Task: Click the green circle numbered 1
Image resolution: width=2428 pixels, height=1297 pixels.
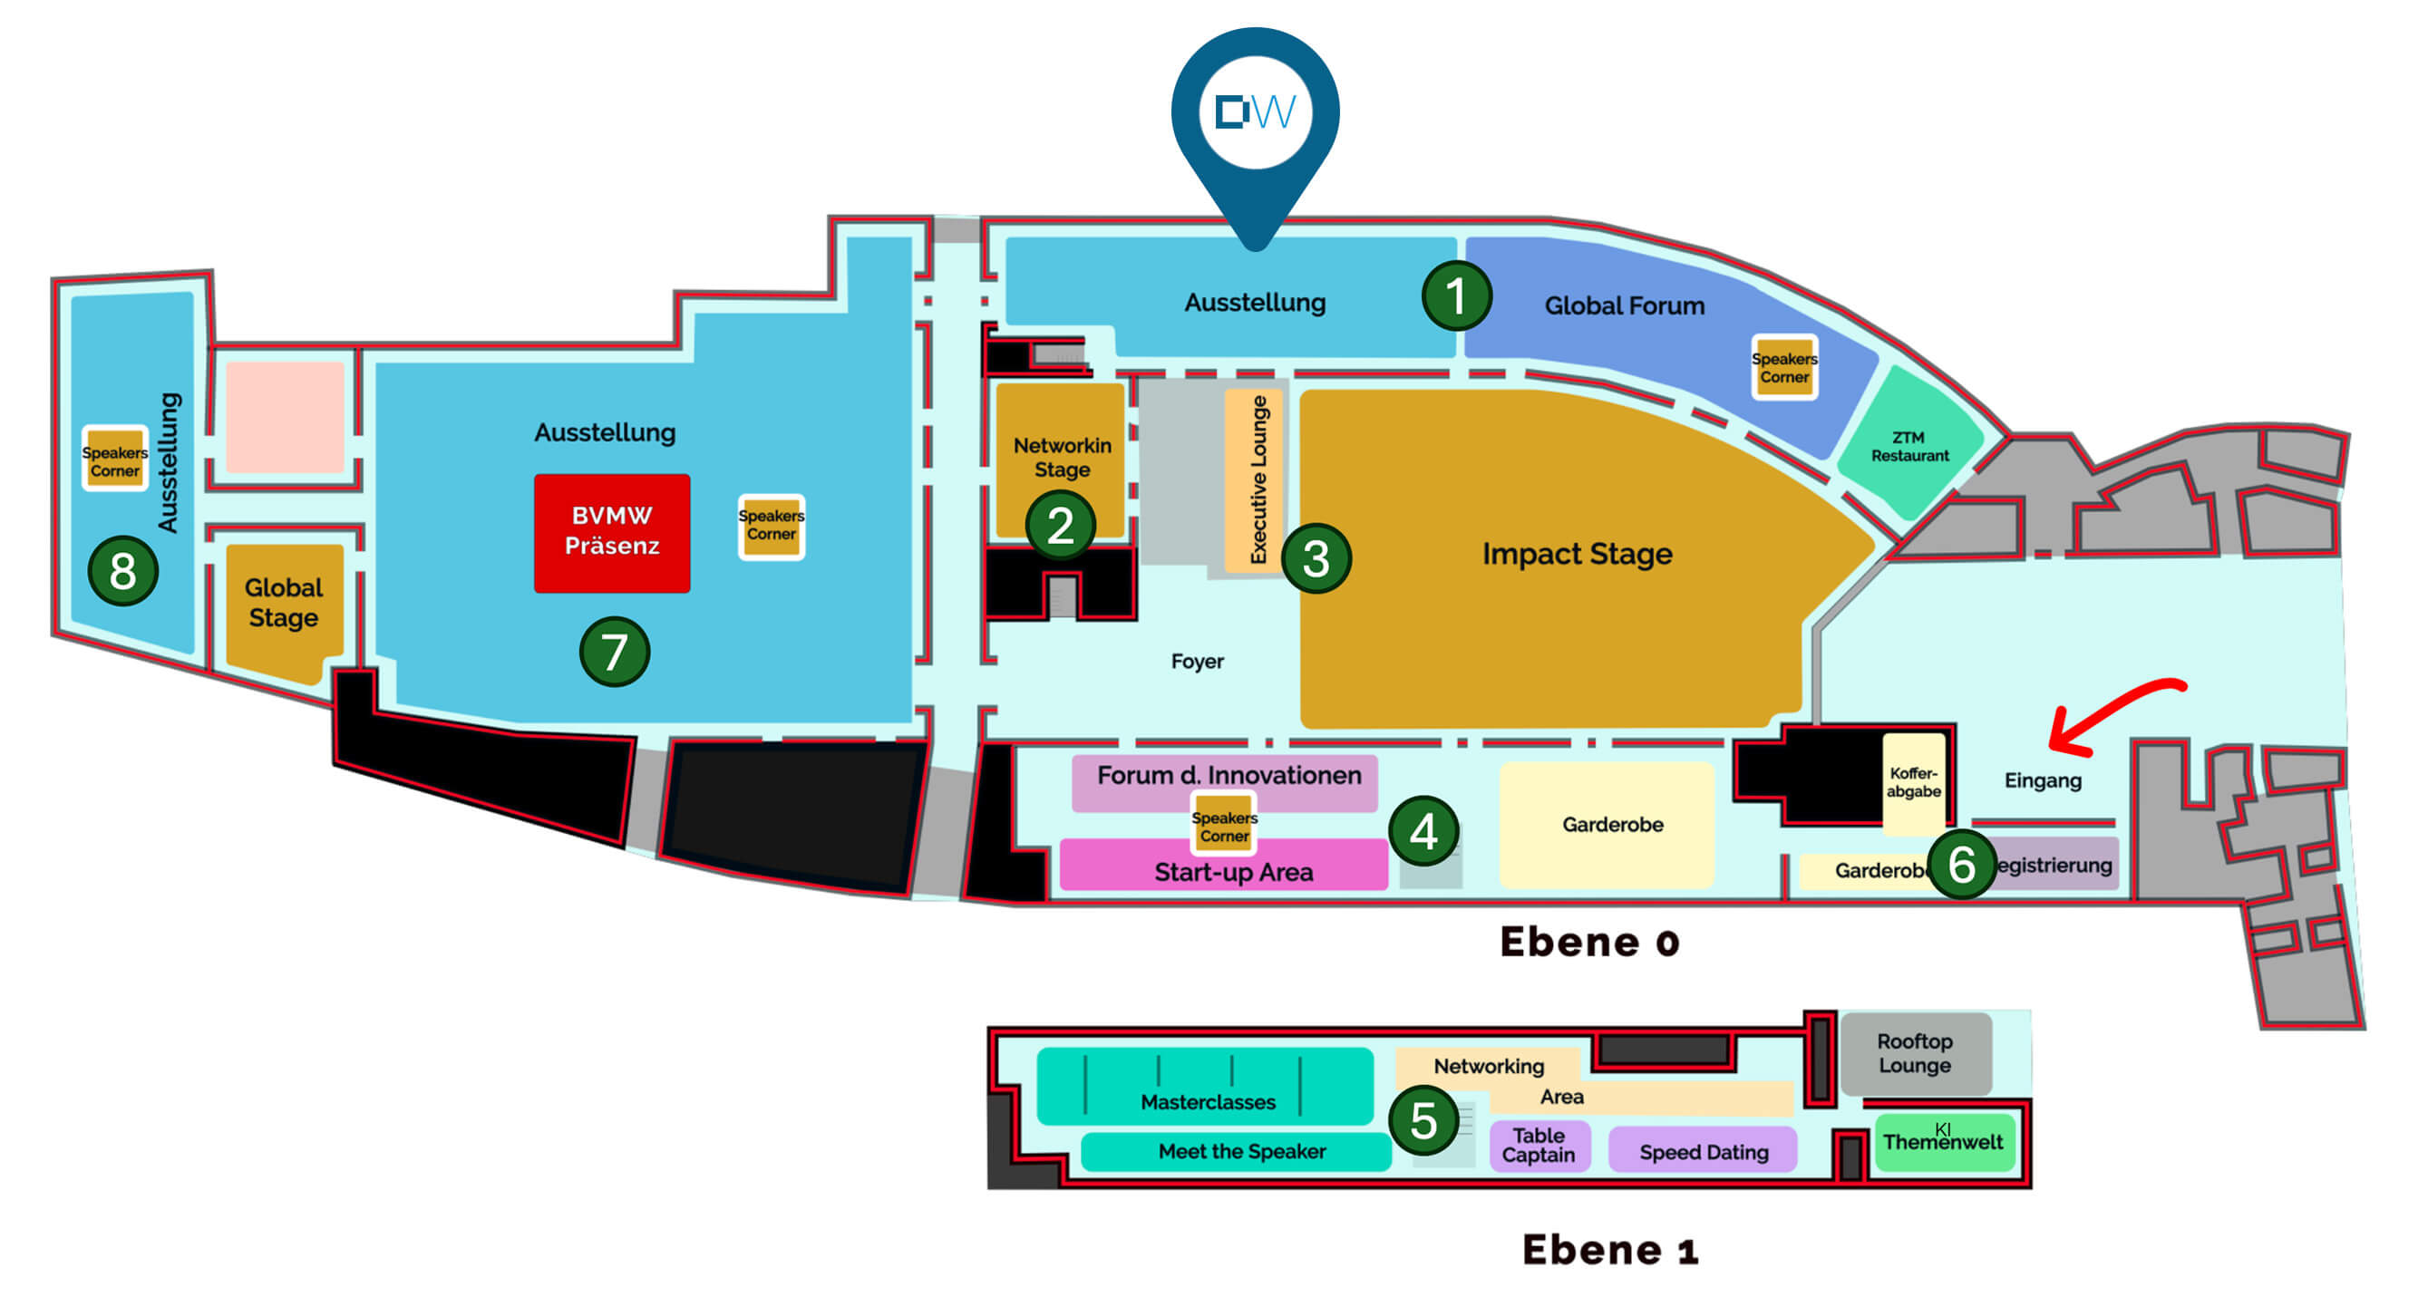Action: [x=1456, y=296]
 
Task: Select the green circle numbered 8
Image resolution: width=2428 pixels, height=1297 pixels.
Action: [x=122, y=571]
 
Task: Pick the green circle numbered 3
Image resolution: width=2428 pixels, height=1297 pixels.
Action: [x=1316, y=559]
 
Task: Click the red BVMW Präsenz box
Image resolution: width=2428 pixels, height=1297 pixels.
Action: [x=612, y=533]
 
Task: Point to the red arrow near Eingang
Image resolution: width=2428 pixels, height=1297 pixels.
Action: [x=2112, y=716]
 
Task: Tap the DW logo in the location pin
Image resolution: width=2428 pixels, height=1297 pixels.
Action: [x=1256, y=112]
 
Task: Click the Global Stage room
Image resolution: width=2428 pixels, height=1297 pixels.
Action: [x=284, y=604]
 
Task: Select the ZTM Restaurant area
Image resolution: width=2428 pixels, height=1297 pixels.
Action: [x=1909, y=446]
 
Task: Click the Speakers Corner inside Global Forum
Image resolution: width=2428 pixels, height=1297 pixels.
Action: [x=1784, y=368]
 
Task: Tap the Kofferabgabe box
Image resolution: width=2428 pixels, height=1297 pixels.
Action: [x=1913, y=782]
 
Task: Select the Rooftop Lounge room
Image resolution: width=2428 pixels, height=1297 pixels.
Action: [x=1915, y=1054]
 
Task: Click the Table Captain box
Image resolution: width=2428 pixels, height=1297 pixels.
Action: [x=1539, y=1146]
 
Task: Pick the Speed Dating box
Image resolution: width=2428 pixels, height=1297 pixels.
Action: [x=1704, y=1151]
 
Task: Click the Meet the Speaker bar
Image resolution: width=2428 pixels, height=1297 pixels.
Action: [x=1241, y=1151]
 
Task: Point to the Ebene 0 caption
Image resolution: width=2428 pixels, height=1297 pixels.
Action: [x=1589, y=942]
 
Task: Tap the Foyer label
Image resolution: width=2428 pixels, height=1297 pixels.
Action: [x=1197, y=662]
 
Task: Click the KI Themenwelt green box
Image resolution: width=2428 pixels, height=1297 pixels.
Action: [x=1944, y=1141]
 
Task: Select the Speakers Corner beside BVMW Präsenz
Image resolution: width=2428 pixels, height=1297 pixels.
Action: [x=771, y=526]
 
